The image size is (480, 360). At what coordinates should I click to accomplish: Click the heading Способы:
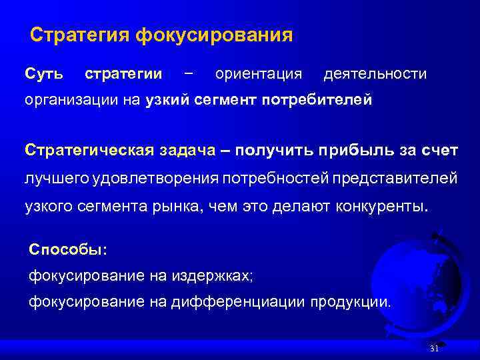(67, 249)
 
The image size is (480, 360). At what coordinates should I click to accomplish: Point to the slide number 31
(434, 349)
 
